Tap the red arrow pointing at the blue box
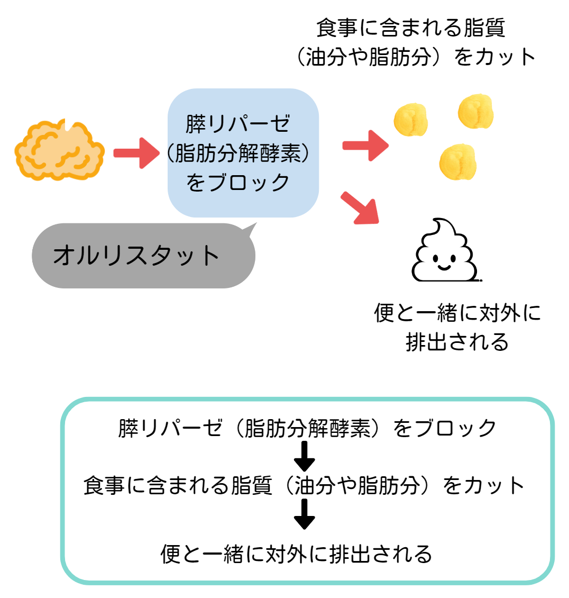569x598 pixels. point(136,153)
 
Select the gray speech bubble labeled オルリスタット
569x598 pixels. point(143,255)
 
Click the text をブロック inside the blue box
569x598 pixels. point(237,182)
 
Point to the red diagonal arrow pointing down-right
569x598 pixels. point(360,208)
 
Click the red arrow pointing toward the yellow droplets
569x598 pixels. point(365,146)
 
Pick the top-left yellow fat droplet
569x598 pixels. point(410,120)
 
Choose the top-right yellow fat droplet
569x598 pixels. point(475,111)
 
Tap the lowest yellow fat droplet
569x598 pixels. point(458,162)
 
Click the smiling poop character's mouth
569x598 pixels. point(444,267)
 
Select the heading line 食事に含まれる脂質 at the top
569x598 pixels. point(410,28)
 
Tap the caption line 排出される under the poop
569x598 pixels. point(457,341)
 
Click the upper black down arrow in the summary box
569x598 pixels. point(304,456)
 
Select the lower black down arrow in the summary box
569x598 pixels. point(304,514)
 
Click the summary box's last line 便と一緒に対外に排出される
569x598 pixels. point(296,554)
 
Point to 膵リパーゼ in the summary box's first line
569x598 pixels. point(170,428)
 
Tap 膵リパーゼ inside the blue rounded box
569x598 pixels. point(237,124)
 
